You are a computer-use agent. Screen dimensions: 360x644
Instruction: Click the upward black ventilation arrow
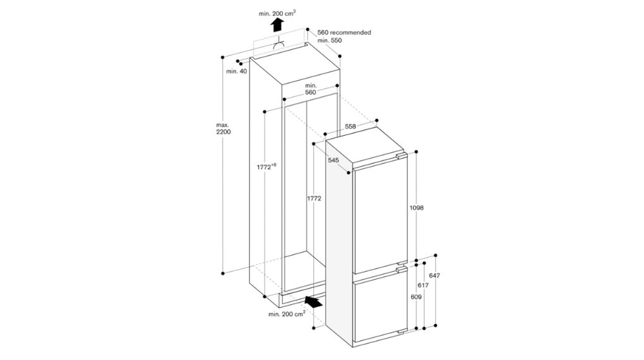[276, 25]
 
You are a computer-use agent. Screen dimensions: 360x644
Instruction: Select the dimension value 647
[434, 275]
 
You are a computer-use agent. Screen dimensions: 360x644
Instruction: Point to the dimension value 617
[423, 285]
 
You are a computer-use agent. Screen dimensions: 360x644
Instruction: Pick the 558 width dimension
[350, 126]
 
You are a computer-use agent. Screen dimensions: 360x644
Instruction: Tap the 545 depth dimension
[334, 160]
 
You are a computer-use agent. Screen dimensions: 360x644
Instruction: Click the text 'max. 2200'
[223, 128]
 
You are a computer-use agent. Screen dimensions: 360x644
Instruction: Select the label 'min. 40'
[236, 71]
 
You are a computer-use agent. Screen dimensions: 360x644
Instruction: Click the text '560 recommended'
[343, 32]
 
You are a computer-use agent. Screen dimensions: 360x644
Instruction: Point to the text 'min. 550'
[330, 40]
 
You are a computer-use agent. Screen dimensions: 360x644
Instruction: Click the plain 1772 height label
[314, 198]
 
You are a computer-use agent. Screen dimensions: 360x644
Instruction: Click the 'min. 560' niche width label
[310, 88]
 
